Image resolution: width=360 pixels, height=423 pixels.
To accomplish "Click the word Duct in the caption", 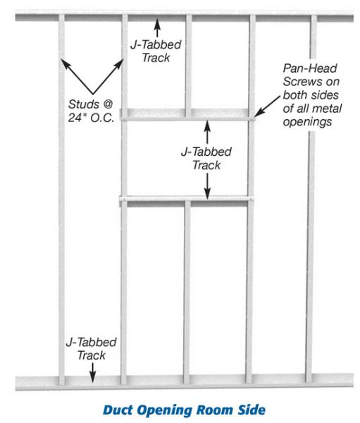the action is [x=118, y=410].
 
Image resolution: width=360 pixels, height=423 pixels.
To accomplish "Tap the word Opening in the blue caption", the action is [x=164, y=411].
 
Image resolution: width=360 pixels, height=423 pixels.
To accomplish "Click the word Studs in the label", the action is [x=84, y=104].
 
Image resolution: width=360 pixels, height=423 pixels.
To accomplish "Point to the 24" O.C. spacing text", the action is [x=91, y=118].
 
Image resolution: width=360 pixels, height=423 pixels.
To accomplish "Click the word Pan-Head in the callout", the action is [x=310, y=68].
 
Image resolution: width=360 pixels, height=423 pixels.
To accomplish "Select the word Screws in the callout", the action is [x=299, y=82].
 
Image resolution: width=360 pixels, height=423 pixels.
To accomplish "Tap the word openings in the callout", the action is [x=307, y=122].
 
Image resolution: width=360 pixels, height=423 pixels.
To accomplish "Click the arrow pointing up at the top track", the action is [x=157, y=27].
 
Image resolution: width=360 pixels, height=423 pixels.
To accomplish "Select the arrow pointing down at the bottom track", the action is [x=92, y=372].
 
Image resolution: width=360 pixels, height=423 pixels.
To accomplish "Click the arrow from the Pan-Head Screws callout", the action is [x=267, y=106].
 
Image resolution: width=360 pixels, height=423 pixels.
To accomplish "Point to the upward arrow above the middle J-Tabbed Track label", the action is [x=207, y=132].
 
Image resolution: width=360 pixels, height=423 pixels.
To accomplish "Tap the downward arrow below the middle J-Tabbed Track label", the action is [x=207, y=186].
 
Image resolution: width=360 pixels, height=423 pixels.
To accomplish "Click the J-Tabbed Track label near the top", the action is [x=156, y=51].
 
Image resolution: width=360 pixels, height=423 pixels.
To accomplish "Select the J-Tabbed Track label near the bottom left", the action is [x=91, y=348].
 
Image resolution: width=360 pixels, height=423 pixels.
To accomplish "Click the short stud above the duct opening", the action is [x=189, y=66].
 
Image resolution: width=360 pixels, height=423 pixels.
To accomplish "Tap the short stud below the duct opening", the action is [x=187, y=292].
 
